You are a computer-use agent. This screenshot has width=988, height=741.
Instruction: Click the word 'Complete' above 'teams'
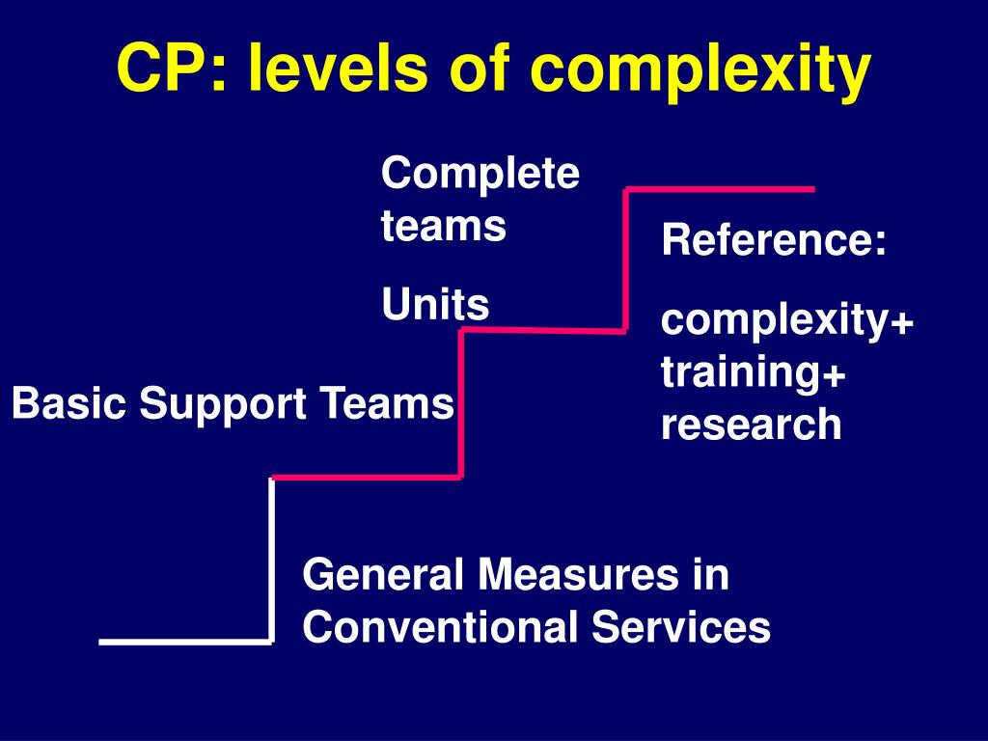480,176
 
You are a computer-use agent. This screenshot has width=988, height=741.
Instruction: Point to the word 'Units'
435,306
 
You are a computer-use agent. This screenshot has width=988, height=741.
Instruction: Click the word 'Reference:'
774,240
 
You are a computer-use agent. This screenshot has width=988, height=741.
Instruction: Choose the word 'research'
752,425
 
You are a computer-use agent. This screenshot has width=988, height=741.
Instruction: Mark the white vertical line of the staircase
271,560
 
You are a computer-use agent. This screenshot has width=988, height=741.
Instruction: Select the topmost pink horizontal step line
720,189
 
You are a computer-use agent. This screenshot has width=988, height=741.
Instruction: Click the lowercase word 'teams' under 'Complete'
444,227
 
